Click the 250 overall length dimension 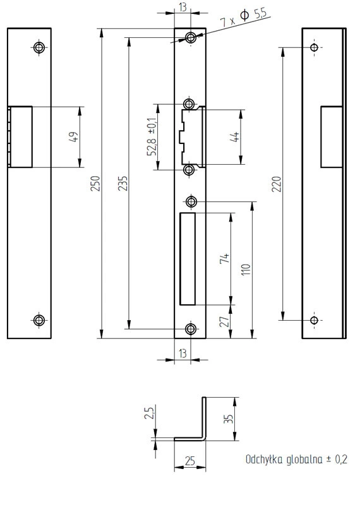(95, 183)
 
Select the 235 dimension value (123, 183)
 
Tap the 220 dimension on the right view (277, 184)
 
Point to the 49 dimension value (73, 137)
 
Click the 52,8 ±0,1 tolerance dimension (152, 136)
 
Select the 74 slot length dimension (225, 258)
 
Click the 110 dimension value (246, 270)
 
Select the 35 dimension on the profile (228, 419)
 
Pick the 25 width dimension (190, 461)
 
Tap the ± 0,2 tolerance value (337, 460)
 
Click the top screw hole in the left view (39, 48)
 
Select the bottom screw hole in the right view (314, 320)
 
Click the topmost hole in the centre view (191, 38)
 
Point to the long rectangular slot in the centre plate (188, 259)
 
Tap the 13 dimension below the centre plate (183, 353)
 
